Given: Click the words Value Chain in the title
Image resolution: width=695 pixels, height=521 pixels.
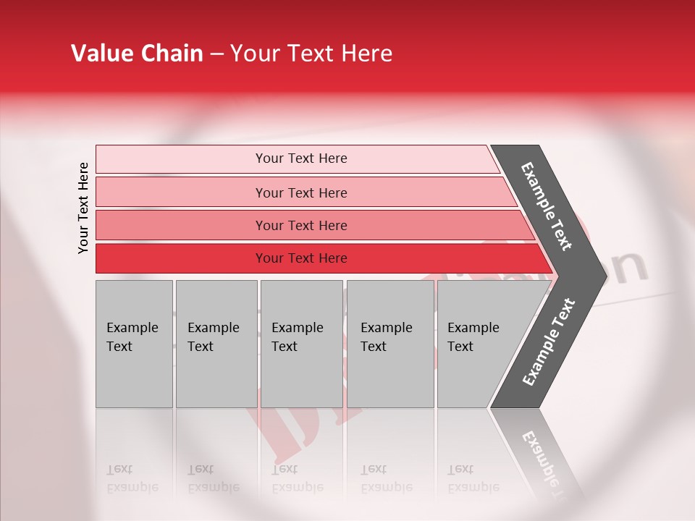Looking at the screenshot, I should pos(137,54).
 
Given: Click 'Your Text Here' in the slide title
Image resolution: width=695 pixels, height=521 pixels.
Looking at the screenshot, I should pos(311,54).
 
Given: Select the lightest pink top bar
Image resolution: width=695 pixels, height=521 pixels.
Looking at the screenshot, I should pos(181,158).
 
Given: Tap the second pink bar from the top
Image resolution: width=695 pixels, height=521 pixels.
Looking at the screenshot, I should pos(181,192).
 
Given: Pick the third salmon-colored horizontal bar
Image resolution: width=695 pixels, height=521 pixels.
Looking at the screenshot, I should pos(181,225).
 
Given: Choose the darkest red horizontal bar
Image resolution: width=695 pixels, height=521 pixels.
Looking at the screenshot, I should pos(181,258).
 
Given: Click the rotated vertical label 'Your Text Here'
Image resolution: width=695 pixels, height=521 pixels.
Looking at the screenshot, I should pos(83,208).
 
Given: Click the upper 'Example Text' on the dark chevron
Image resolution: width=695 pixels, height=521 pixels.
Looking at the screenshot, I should pos(547,207).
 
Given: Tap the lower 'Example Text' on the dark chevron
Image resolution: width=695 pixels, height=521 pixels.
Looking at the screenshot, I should pos(548,342).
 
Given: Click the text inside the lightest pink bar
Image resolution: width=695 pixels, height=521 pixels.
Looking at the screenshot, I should pos(301,158).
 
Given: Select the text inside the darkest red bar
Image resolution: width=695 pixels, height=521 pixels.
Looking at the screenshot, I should pos(301,258).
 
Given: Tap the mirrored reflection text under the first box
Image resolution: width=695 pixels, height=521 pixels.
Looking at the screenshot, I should pos(132,478).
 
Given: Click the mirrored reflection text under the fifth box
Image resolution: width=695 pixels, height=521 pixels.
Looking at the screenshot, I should pos(473,478).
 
